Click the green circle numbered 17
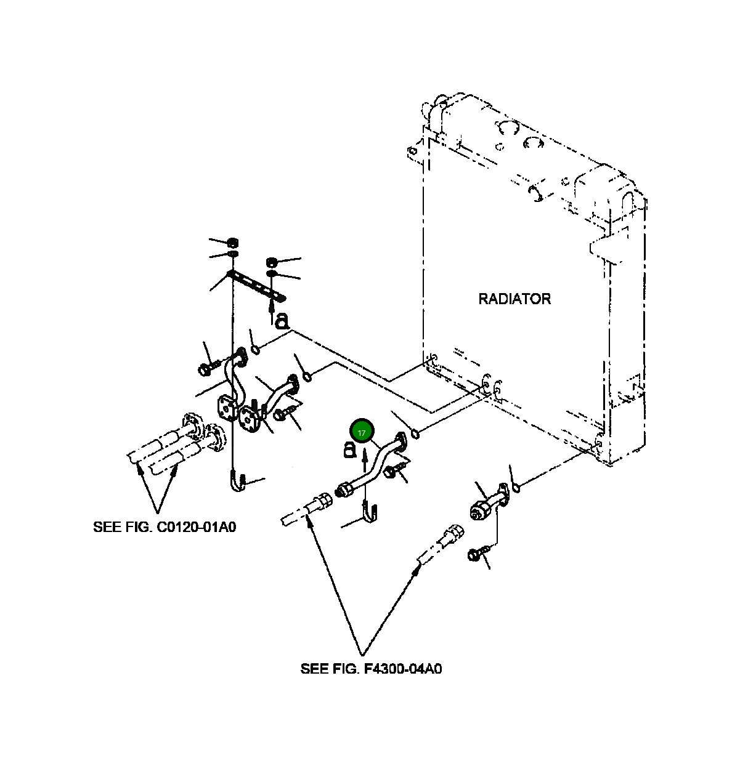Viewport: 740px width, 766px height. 362,432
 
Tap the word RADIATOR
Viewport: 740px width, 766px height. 514,299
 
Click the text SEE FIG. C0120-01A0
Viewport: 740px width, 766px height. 165,527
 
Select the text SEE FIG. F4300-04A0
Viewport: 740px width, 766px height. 371,669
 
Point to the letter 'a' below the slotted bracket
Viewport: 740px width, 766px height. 282,320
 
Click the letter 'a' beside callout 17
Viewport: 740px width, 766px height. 349,451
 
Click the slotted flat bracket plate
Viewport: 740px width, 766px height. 256,286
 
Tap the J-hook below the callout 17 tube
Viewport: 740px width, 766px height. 370,514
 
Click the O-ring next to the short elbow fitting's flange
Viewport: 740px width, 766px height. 516,488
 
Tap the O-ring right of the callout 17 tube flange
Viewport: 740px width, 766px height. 416,435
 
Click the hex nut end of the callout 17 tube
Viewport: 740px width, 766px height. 345,490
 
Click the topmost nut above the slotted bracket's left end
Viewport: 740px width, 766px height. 233,241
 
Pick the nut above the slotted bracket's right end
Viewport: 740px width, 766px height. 271,263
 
